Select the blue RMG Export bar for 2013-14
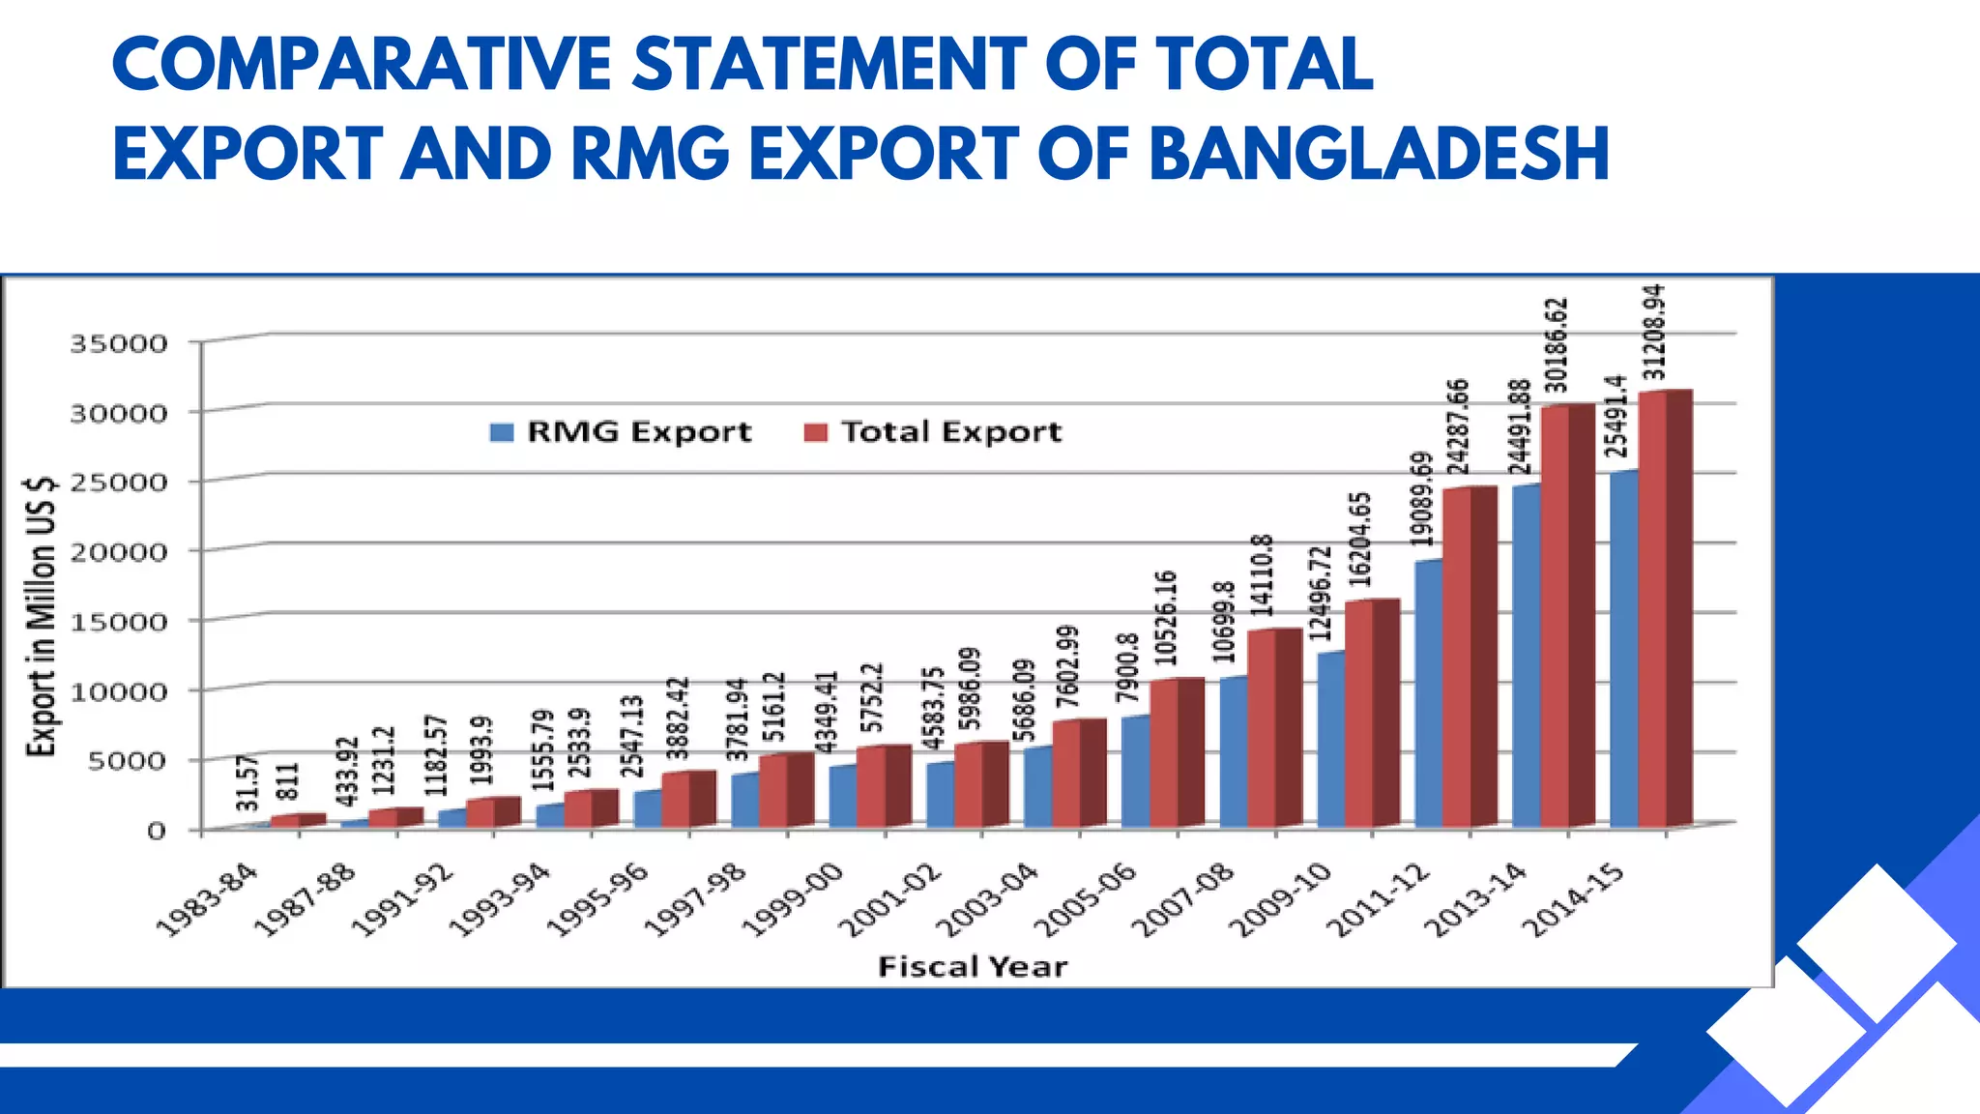point(1526,658)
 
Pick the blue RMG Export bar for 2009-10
point(1330,740)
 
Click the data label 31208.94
point(1654,332)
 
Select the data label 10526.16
point(1166,618)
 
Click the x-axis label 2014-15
point(1574,900)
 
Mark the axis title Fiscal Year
point(972,967)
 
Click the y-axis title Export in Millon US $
point(41,616)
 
